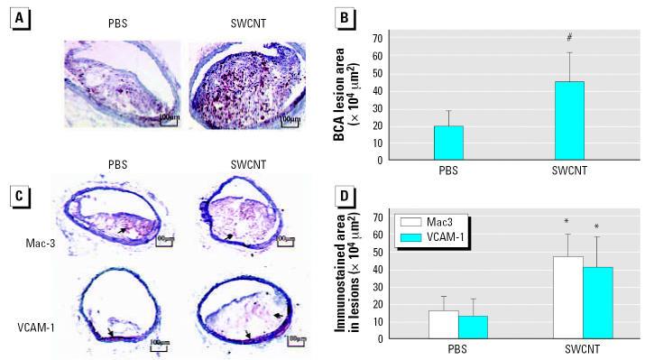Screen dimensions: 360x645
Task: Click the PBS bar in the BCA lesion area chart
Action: (x=448, y=143)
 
